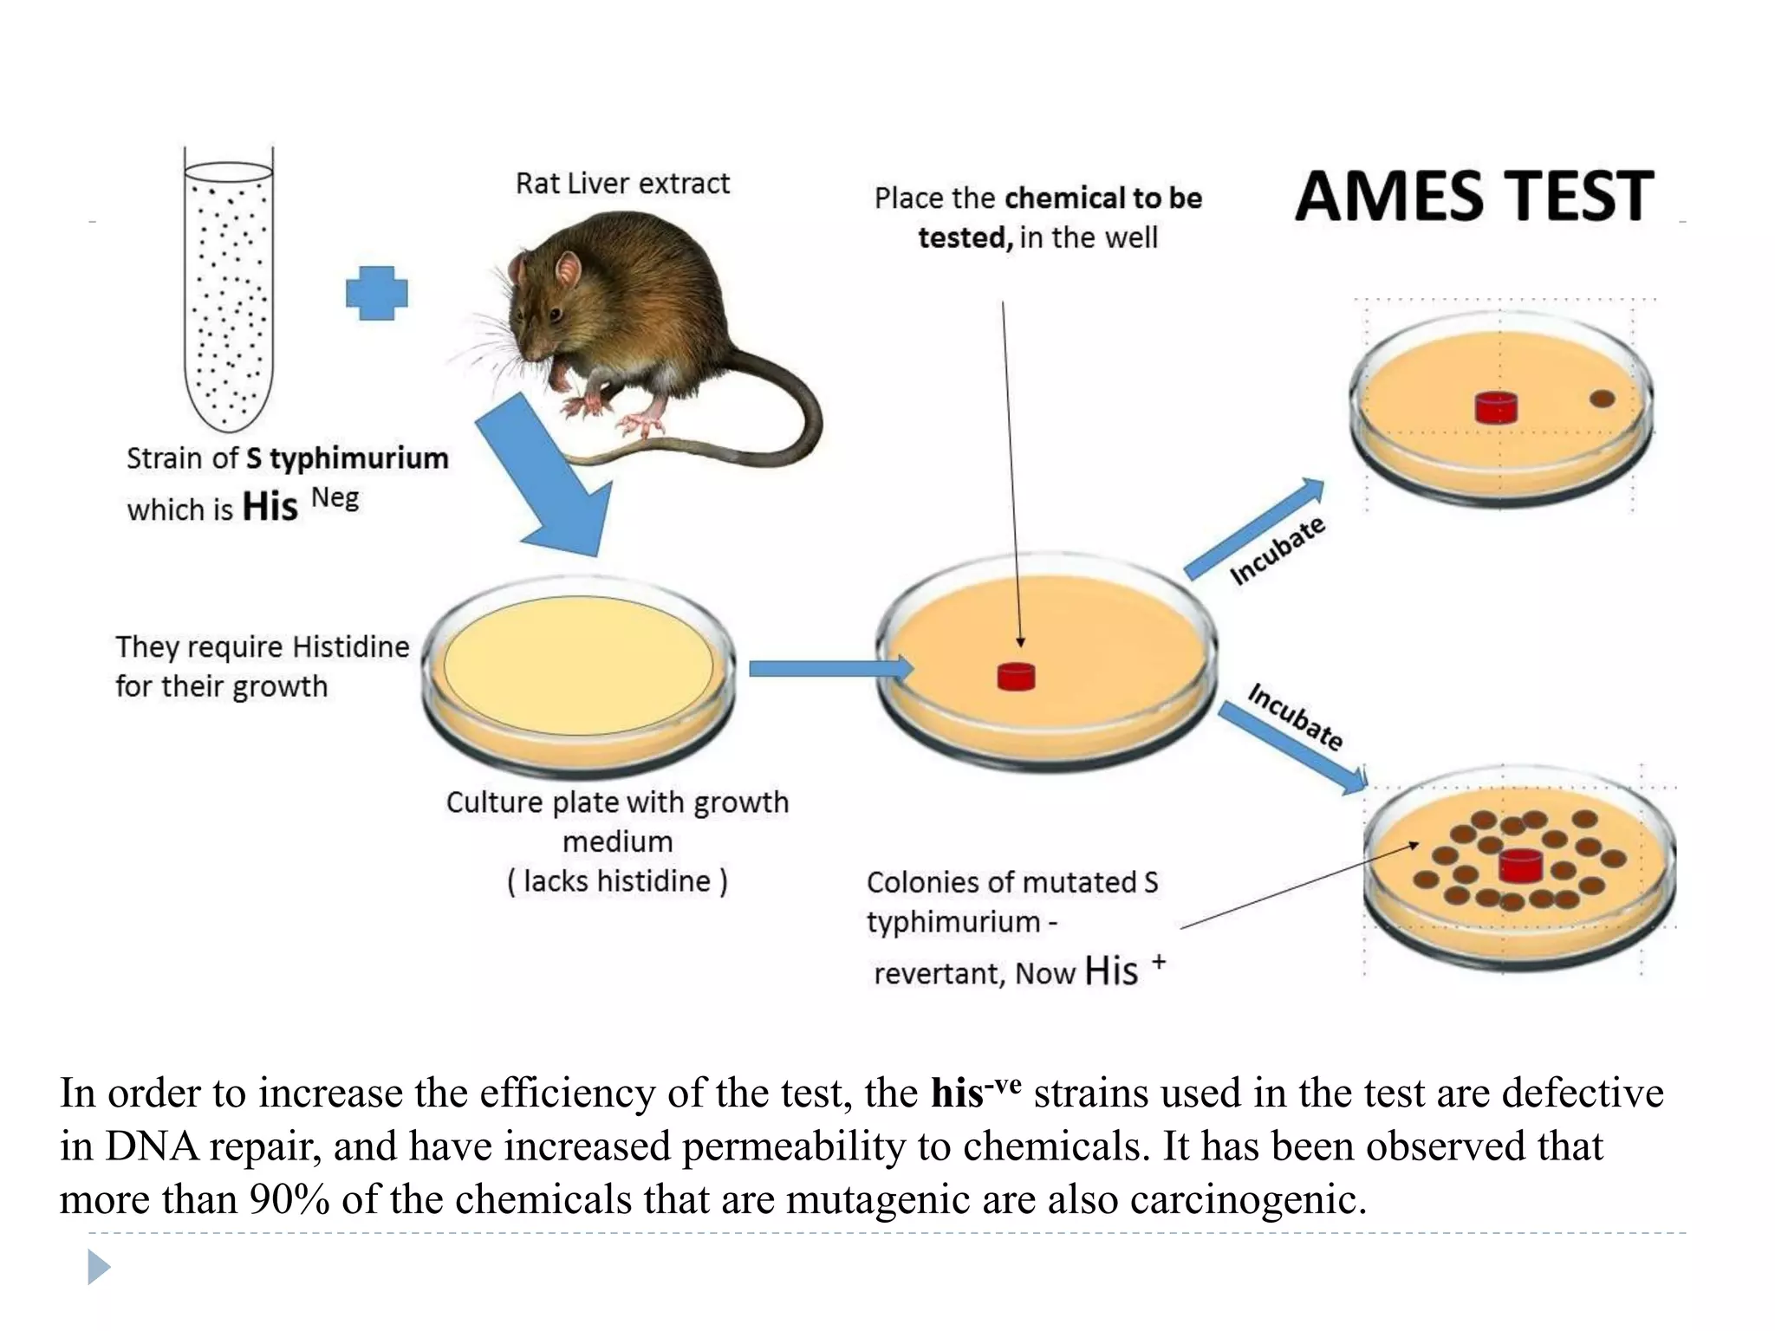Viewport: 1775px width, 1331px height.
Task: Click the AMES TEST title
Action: [x=1473, y=197]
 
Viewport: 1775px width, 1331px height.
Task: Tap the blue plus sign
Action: [x=376, y=293]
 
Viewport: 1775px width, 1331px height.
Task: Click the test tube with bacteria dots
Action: [x=229, y=295]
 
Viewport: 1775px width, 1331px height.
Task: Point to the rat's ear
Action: [x=568, y=269]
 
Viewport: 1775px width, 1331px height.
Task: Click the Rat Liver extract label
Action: [x=622, y=184]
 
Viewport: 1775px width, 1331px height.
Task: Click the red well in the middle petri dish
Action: [x=1016, y=676]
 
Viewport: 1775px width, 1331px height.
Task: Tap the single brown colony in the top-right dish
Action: [x=1603, y=399]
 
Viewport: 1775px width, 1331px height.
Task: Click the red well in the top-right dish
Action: [x=1496, y=406]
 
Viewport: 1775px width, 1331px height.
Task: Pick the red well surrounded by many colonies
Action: [x=1520, y=865]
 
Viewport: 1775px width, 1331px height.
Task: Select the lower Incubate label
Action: [x=1295, y=717]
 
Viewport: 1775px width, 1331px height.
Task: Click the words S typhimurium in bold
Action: [x=347, y=458]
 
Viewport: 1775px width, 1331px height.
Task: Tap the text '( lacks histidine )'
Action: [x=617, y=881]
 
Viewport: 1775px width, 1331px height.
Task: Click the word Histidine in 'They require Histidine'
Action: [x=350, y=647]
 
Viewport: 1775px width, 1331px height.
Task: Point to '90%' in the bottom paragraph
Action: [x=289, y=1200]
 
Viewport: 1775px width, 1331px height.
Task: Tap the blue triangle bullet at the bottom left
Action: [x=99, y=1267]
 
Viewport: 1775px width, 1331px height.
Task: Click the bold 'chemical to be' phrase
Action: [x=1103, y=198]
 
